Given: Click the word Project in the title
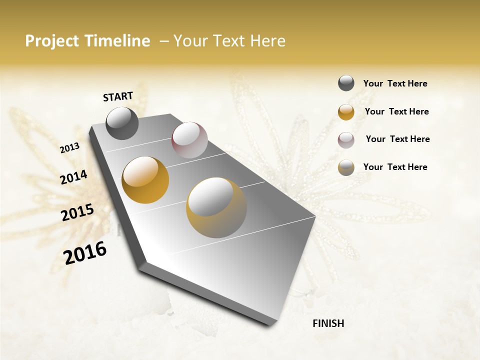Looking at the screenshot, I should coord(51,41).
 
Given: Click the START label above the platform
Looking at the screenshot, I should coord(118,96).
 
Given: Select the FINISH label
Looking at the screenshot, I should coord(328,323).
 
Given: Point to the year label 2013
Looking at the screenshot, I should coord(69,148).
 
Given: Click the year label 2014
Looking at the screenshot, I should coord(73,177).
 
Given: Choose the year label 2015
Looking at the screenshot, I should coord(77,212).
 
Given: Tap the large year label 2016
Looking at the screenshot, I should coord(85,253).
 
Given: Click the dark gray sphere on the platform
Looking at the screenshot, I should coord(122,123).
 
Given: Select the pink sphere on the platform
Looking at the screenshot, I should coord(189,140).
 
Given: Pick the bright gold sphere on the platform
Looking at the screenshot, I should coord(145,180).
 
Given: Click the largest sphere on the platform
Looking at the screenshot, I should coord(216,207).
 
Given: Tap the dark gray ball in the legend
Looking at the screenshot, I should coord(346,83).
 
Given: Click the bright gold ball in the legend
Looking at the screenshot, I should coord(346,112).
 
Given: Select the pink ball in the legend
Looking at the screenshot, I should coord(346,139).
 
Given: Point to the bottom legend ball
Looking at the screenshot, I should coord(346,167).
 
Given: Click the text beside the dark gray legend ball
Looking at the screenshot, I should coord(395,84).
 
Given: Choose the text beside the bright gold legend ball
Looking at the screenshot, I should coord(396,111).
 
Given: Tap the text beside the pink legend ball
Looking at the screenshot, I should coord(397,139).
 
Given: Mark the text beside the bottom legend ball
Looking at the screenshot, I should coord(395,167).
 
